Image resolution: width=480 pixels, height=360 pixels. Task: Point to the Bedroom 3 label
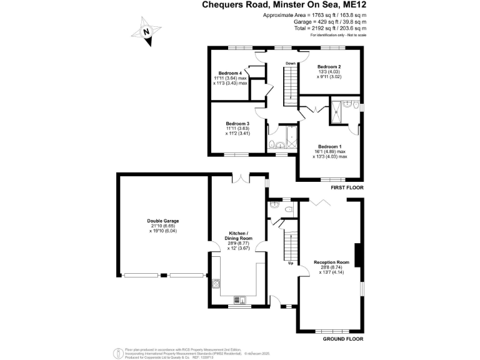tap(237, 124)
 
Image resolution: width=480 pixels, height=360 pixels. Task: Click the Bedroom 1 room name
tap(329, 146)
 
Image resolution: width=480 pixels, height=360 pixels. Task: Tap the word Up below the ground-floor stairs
tap(291, 263)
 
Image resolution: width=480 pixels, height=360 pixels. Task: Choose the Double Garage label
tap(162, 221)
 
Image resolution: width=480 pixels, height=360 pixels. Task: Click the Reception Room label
tap(331, 262)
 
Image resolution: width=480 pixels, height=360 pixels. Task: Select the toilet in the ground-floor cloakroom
tap(287, 209)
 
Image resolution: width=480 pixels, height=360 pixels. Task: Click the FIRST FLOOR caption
tap(347, 187)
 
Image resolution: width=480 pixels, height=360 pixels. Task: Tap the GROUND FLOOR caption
tap(343, 339)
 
